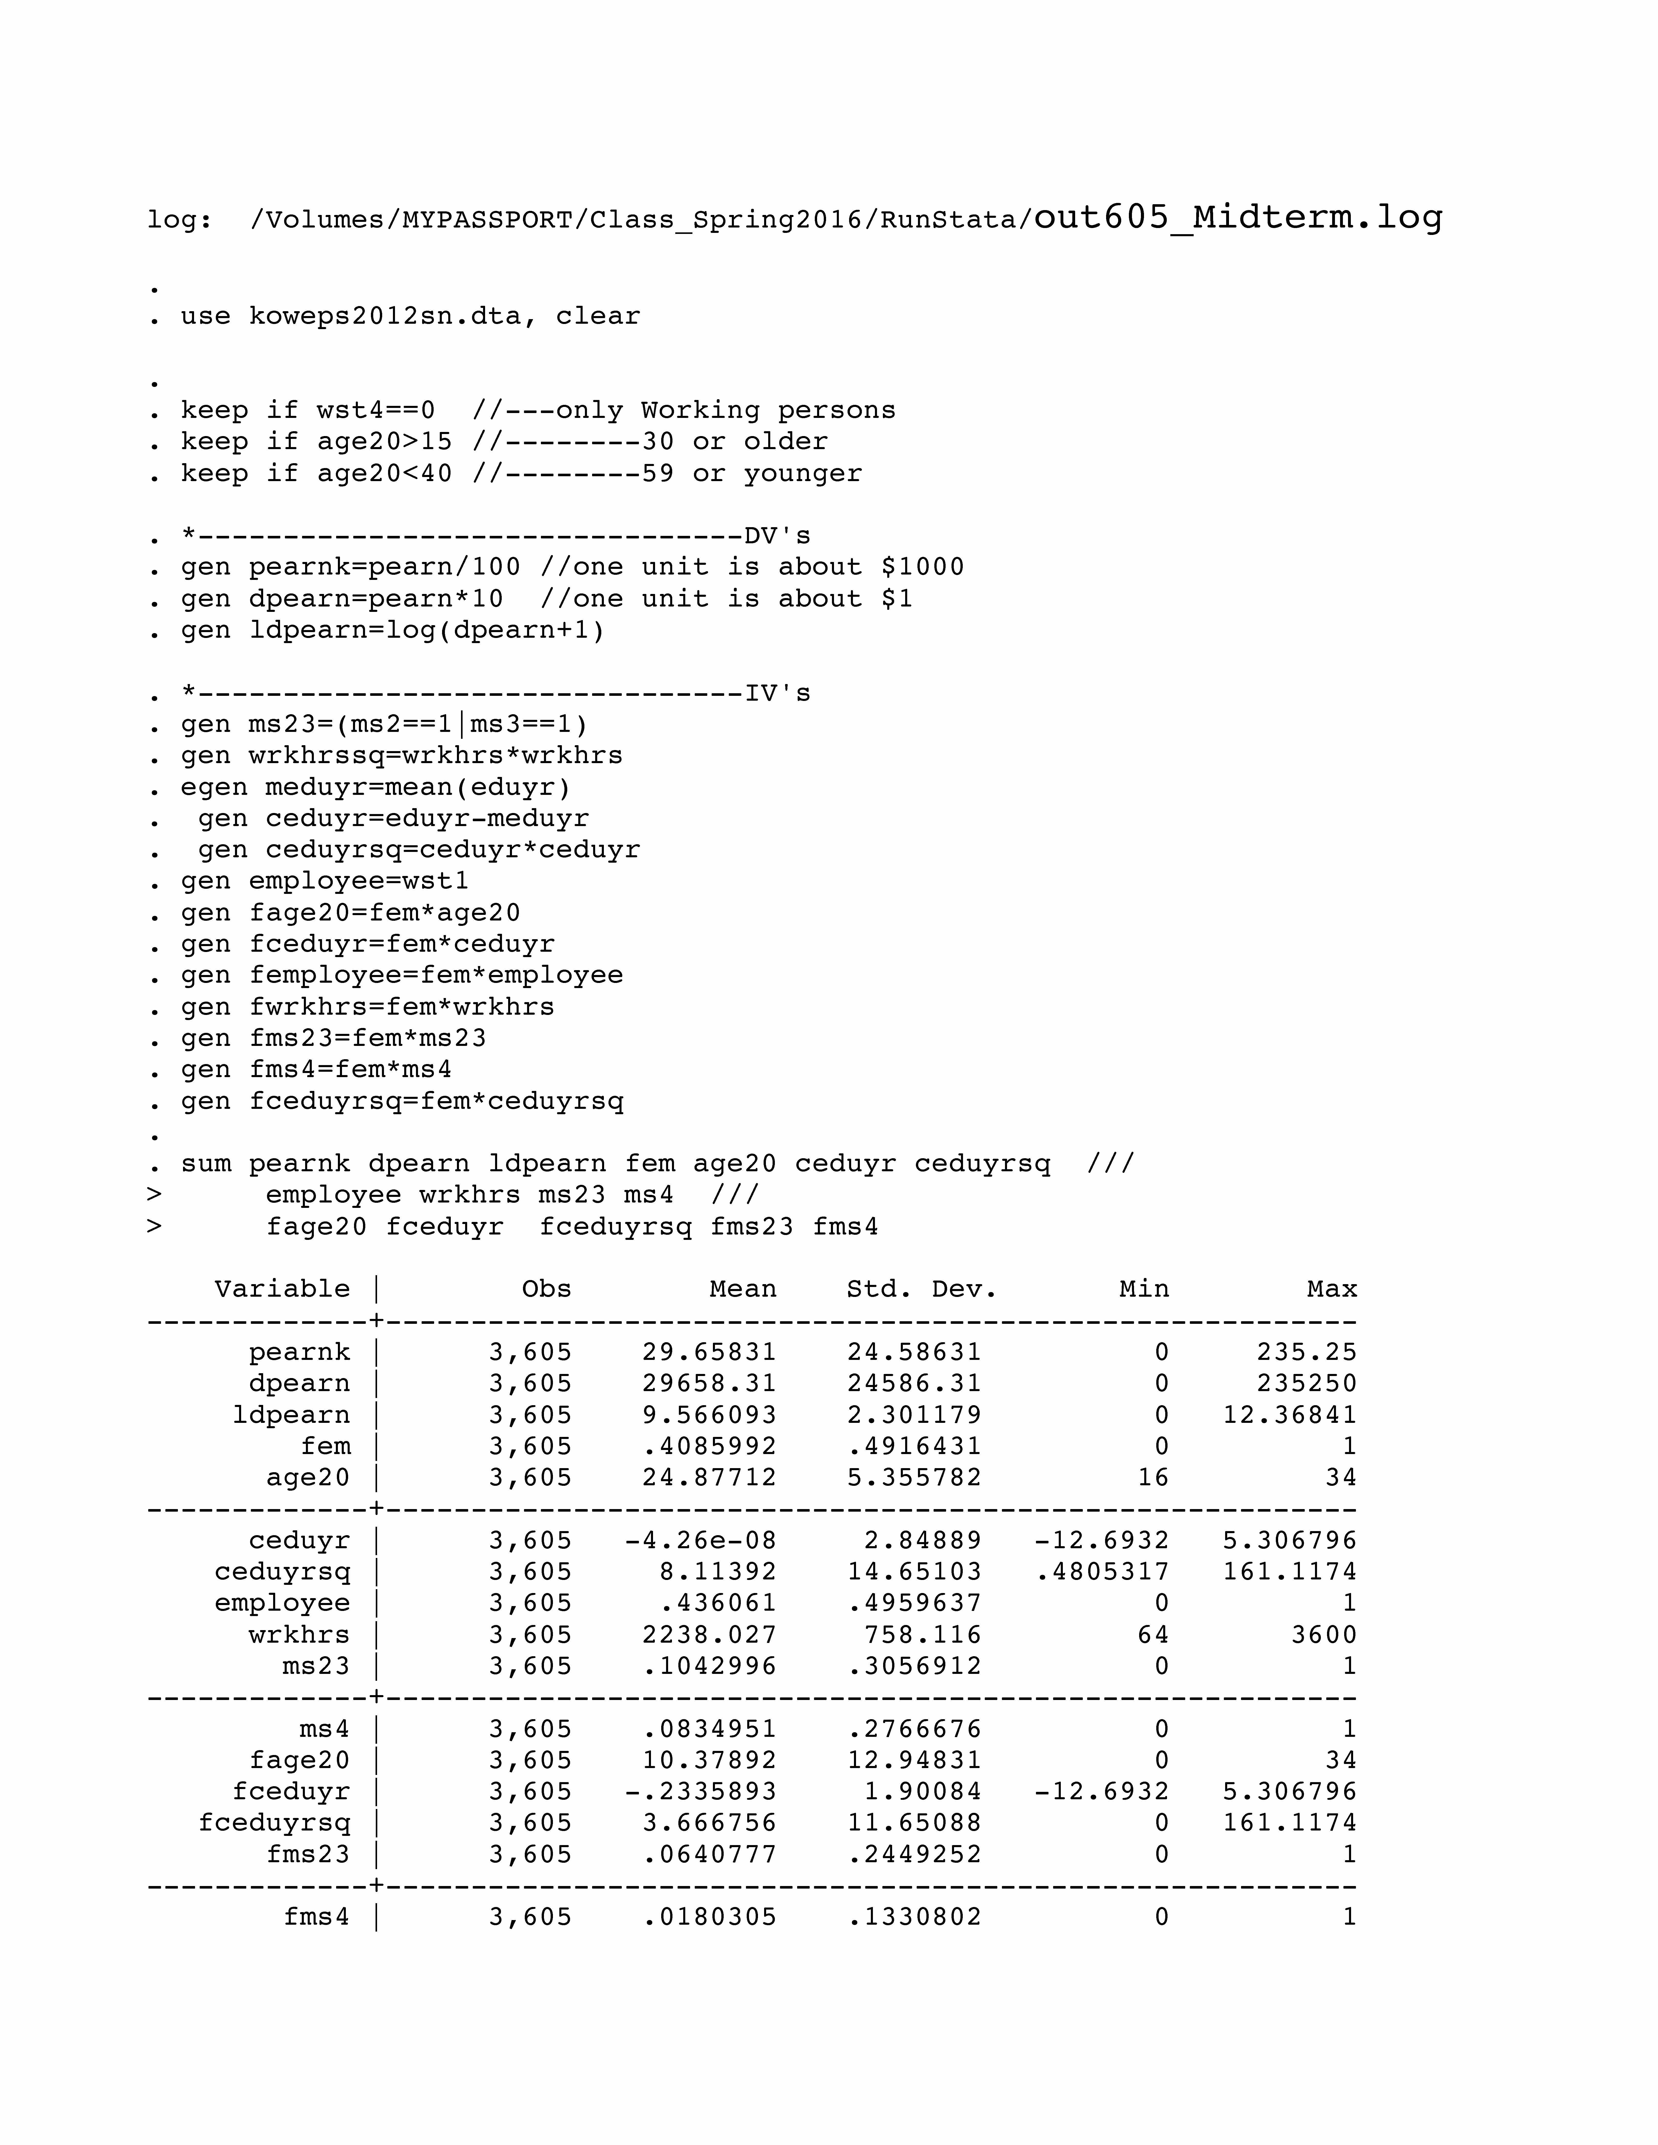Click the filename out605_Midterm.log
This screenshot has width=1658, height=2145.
(1238, 217)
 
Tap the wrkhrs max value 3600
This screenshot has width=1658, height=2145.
(1323, 1634)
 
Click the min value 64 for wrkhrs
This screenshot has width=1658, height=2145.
(1152, 1634)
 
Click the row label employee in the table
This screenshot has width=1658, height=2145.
(282, 1603)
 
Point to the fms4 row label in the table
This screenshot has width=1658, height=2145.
(316, 1917)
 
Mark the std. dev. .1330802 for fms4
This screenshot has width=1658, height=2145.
(914, 1917)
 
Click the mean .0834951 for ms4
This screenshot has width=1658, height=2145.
(709, 1729)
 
